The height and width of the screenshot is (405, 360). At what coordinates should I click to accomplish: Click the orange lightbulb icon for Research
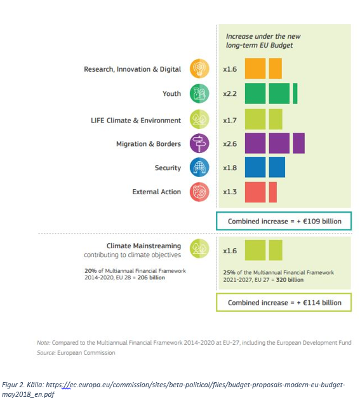point(199,69)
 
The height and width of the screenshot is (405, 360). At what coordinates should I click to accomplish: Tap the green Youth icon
point(199,93)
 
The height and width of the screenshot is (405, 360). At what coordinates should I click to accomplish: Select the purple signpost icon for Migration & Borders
point(199,143)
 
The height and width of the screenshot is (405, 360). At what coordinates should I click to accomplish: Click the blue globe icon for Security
point(199,168)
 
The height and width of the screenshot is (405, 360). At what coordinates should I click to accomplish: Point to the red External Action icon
point(199,192)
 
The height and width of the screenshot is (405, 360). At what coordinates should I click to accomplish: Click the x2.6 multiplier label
point(230,144)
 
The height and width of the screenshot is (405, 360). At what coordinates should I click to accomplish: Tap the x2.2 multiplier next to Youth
point(230,93)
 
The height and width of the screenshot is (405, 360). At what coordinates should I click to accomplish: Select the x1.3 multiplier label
point(230,192)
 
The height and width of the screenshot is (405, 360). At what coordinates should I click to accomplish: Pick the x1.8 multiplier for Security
point(230,168)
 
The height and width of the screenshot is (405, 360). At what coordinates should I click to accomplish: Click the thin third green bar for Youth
point(295,93)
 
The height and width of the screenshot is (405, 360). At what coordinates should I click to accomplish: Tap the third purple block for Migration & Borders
point(299,143)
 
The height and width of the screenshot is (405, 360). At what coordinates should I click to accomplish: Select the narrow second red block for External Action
point(273,192)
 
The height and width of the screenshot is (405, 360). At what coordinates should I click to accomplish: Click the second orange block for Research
point(276,69)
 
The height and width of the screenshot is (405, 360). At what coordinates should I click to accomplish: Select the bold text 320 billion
point(290,280)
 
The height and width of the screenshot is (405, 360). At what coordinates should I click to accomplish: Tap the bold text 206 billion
point(151,277)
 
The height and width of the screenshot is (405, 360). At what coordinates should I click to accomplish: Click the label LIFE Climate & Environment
point(136,121)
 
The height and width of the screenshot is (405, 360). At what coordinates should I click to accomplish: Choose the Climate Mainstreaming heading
point(144,246)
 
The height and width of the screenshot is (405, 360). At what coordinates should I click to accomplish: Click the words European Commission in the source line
point(86,353)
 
